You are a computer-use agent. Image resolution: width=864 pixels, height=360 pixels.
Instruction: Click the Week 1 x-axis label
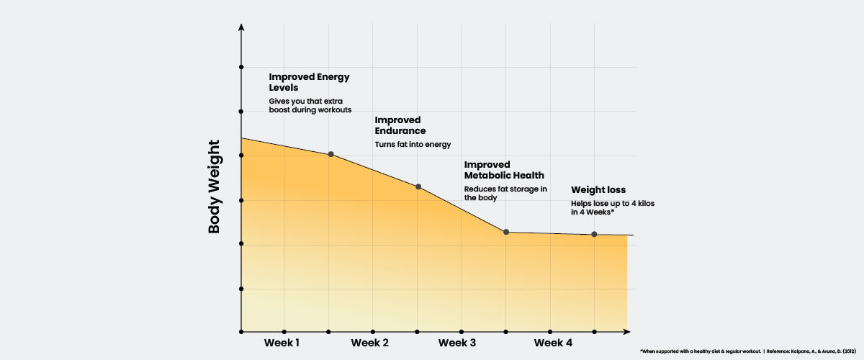click(282, 343)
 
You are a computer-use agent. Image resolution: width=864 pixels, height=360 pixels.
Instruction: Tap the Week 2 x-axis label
click(370, 343)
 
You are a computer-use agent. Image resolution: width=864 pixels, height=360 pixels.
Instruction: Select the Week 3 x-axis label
click(457, 343)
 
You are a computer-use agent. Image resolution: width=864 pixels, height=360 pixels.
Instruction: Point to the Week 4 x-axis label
click(554, 343)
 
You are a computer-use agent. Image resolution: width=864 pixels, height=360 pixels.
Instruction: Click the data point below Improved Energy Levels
click(330, 154)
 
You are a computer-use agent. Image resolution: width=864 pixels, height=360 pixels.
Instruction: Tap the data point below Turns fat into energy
click(418, 187)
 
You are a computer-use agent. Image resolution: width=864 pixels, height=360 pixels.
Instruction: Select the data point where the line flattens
click(506, 232)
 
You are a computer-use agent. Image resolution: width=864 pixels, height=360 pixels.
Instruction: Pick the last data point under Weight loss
click(594, 234)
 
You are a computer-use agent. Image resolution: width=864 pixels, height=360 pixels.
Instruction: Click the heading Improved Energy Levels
click(310, 81)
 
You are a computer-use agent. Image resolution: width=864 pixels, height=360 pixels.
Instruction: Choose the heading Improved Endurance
click(400, 125)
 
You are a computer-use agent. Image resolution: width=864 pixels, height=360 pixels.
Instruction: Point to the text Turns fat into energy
click(413, 145)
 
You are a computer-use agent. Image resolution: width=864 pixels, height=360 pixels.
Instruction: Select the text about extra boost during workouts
click(310, 105)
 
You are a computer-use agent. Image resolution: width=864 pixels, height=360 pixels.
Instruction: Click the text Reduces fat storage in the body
click(505, 193)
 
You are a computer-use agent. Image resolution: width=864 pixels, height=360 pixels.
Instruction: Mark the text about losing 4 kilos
click(612, 208)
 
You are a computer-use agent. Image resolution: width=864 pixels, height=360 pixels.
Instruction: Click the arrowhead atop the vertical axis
click(241, 27)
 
